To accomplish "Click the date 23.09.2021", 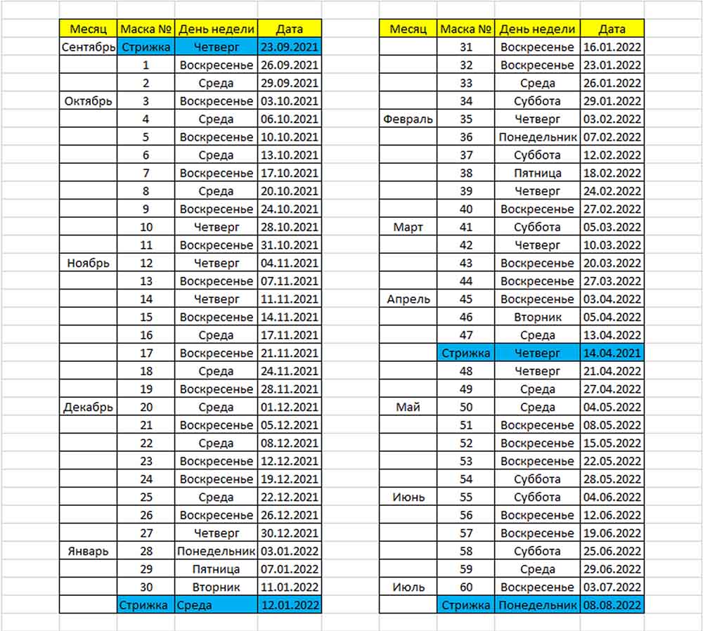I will click(290, 47).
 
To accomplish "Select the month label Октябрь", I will click(88, 101).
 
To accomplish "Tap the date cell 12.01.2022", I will click(290, 605).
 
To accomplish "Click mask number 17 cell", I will click(146, 353).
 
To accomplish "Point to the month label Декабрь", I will click(88, 408).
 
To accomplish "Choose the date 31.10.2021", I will click(290, 245).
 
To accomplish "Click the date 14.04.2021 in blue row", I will click(612, 353).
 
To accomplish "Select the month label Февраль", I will click(408, 119).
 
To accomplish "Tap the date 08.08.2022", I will click(612, 605).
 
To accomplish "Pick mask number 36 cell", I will click(466, 138).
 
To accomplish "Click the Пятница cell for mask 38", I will click(538, 174).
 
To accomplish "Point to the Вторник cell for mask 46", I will click(538, 317).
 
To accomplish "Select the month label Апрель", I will click(408, 299).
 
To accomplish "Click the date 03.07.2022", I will click(612, 587).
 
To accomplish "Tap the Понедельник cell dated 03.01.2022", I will click(216, 551).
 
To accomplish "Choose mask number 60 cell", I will click(466, 587).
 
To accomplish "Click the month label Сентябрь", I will click(88, 47).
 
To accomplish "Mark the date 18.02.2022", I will click(612, 174).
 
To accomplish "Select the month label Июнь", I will click(408, 497).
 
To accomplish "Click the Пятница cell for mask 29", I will click(216, 569).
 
